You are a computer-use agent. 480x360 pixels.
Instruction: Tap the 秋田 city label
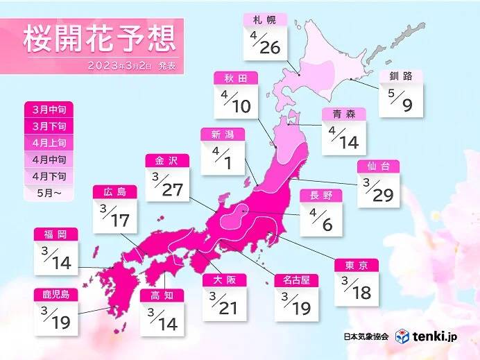pos(232,78)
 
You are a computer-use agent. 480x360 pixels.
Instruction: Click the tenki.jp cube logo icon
pos(402,336)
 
